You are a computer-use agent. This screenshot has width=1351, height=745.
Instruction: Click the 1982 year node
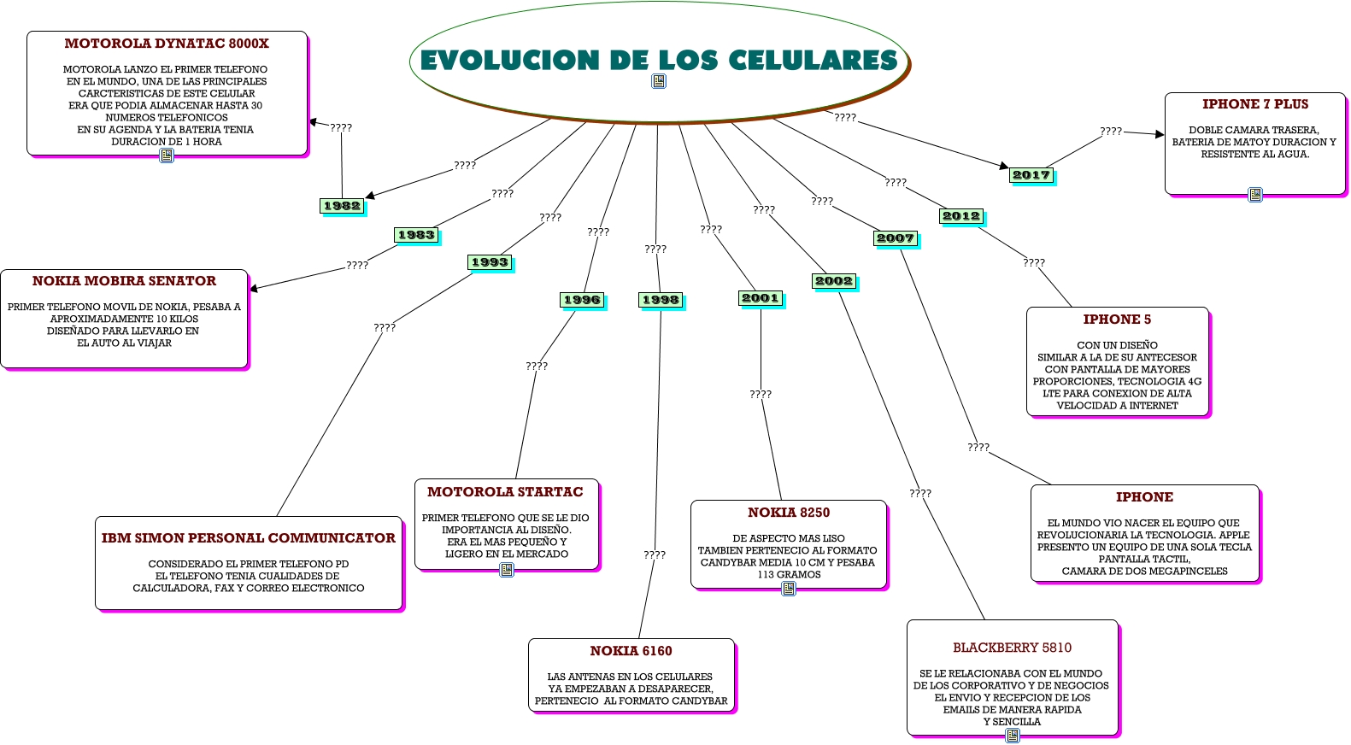click(x=342, y=206)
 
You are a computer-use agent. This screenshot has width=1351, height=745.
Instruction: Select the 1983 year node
click(x=416, y=235)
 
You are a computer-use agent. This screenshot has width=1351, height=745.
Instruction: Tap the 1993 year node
click(x=490, y=262)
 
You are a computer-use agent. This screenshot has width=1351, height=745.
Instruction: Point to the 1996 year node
click(x=582, y=300)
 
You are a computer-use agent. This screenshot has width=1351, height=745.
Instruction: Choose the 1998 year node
click(x=661, y=300)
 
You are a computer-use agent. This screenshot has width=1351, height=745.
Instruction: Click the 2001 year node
click(x=761, y=298)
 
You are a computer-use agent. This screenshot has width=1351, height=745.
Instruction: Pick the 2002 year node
click(x=833, y=281)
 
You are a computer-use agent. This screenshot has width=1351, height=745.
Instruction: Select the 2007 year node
click(x=895, y=238)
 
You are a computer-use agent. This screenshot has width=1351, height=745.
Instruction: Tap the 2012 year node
click(x=961, y=216)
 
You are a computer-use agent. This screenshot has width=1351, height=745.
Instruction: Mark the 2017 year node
click(x=1031, y=175)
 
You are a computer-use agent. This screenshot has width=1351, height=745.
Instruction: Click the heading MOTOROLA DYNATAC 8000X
click(x=167, y=44)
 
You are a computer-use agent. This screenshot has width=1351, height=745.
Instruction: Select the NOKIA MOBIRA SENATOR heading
click(x=124, y=281)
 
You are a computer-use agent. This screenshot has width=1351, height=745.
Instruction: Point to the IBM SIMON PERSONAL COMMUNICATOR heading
click(x=249, y=538)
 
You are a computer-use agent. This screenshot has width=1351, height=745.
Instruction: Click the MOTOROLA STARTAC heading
click(x=505, y=492)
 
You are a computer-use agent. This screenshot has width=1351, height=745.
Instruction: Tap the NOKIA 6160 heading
click(x=631, y=651)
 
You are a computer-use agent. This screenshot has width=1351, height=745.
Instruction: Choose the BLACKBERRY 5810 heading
click(x=1012, y=648)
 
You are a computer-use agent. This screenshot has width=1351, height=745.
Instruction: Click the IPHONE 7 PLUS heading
click(x=1254, y=104)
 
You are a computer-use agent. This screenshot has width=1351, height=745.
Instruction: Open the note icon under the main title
click(x=659, y=81)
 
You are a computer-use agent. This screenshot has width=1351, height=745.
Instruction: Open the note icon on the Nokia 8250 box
click(x=789, y=588)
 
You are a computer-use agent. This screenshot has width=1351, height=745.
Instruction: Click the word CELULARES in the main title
click(x=813, y=60)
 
